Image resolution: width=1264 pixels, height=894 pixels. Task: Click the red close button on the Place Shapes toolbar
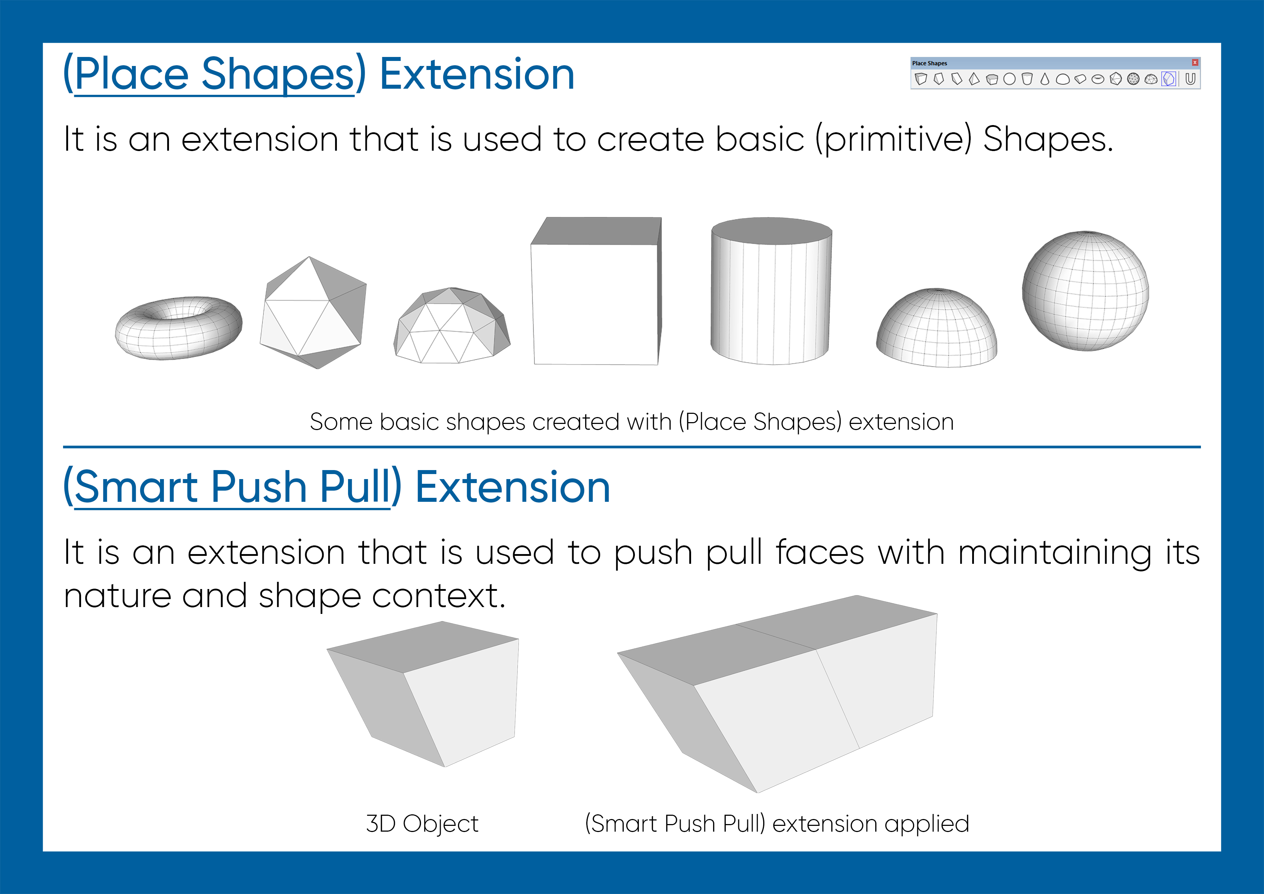[x=1195, y=63]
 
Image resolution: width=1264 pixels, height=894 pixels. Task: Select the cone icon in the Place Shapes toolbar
[x=1045, y=79]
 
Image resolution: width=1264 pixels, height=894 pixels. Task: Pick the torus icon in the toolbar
[x=1098, y=79]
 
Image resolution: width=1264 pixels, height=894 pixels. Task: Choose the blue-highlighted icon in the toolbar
[x=1169, y=79]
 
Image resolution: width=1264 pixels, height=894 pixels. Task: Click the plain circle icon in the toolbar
[x=1009, y=79]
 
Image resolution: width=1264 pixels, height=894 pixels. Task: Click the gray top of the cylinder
[x=771, y=230]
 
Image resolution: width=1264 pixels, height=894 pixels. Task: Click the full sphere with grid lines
[x=1085, y=291]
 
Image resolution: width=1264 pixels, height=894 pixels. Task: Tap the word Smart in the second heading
[x=135, y=487]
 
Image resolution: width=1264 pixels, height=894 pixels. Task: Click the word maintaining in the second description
[x=1054, y=553]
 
